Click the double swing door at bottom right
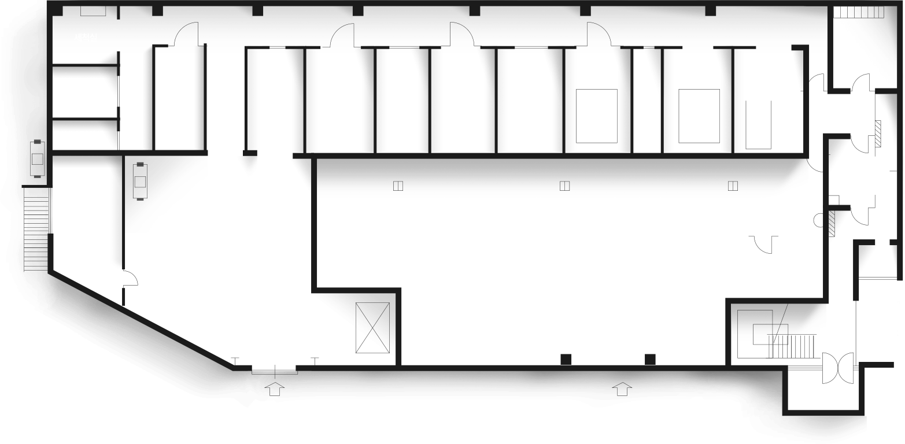[x=838, y=368]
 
